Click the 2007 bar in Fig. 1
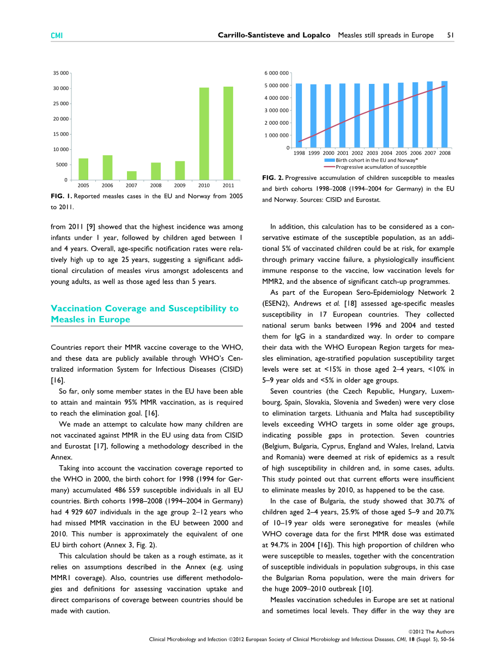[132, 175]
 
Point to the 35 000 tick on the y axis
[61, 73]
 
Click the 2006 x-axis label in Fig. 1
[107, 185]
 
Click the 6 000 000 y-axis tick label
[277, 73]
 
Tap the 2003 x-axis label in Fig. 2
[372, 153]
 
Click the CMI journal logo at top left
[57, 35]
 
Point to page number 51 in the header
[451, 35]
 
